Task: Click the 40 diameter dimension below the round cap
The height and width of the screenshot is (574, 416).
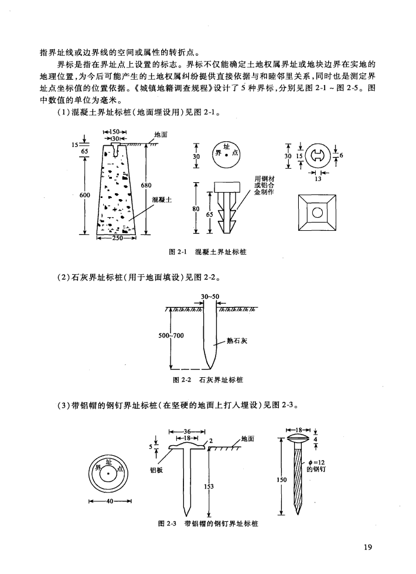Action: tap(109, 501)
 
